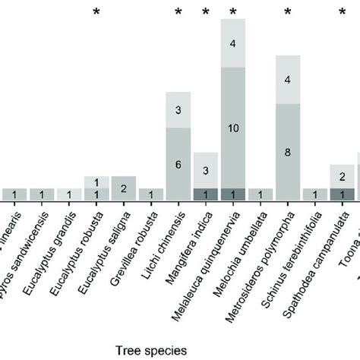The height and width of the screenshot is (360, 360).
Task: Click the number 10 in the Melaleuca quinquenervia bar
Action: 233,128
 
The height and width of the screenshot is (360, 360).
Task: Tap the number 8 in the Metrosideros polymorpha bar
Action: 288,151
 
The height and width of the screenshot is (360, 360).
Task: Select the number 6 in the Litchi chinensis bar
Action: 178,164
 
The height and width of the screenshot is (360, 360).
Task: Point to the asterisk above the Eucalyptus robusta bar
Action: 96,12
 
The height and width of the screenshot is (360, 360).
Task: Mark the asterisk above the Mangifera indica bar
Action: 206,12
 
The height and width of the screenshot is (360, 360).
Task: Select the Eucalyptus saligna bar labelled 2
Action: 124,187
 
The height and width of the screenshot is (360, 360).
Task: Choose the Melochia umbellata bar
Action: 261,194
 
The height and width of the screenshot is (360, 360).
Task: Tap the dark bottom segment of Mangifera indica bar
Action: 206,194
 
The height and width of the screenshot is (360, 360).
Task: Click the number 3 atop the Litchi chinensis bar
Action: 178,110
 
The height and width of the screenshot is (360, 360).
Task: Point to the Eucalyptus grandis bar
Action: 69,194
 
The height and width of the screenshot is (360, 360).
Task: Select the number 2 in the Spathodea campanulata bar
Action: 343,177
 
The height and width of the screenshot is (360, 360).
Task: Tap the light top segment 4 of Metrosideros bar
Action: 288,79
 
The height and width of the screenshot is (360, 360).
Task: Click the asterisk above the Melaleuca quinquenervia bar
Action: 233,12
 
